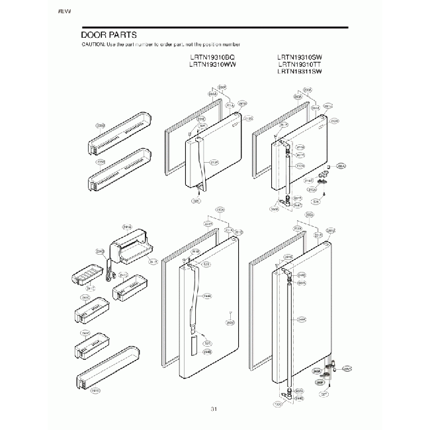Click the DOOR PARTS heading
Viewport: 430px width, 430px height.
tap(109, 34)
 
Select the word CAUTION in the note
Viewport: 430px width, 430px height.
tap(93, 44)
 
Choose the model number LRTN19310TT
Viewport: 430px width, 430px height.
tap(300, 65)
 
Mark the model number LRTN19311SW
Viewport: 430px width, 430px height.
tap(300, 71)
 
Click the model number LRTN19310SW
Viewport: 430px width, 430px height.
tap(300, 58)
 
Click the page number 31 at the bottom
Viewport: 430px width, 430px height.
tap(214, 409)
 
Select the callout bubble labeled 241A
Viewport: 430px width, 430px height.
tap(126, 227)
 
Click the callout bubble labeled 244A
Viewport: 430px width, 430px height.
tap(207, 296)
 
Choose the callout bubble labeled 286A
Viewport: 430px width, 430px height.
tap(341, 166)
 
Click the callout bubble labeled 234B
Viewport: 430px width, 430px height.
tap(100, 251)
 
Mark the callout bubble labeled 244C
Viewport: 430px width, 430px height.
tap(302, 320)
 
